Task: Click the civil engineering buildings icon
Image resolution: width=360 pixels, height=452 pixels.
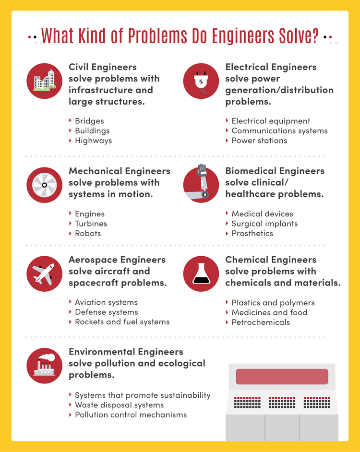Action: coord(45,81)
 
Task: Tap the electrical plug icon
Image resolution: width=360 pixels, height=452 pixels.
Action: coord(201,81)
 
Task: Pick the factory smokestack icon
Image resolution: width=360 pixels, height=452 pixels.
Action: coord(45,366)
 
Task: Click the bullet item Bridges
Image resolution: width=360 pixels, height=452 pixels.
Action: coord(89,121)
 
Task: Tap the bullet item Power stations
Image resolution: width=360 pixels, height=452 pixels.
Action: coord(259,141)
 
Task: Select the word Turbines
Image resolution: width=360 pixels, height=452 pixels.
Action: coord(91,224)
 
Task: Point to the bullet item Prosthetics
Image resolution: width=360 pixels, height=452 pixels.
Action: coord(252,233)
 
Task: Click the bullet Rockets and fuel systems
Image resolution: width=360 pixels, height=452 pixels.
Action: coord(122,322)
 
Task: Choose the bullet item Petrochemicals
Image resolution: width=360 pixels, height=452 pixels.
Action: coord(261,322)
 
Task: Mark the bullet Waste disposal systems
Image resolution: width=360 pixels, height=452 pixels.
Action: coord(119,405)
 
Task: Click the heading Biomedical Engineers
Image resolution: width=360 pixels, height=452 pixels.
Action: coord(275,171)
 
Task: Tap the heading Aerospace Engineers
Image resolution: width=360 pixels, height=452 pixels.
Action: coord(117,260)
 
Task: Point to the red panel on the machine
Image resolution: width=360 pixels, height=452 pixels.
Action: coord(282,377)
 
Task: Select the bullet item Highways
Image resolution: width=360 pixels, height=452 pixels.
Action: coord(93,141)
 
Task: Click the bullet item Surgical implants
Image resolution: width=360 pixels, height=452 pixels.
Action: coord(264,224)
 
